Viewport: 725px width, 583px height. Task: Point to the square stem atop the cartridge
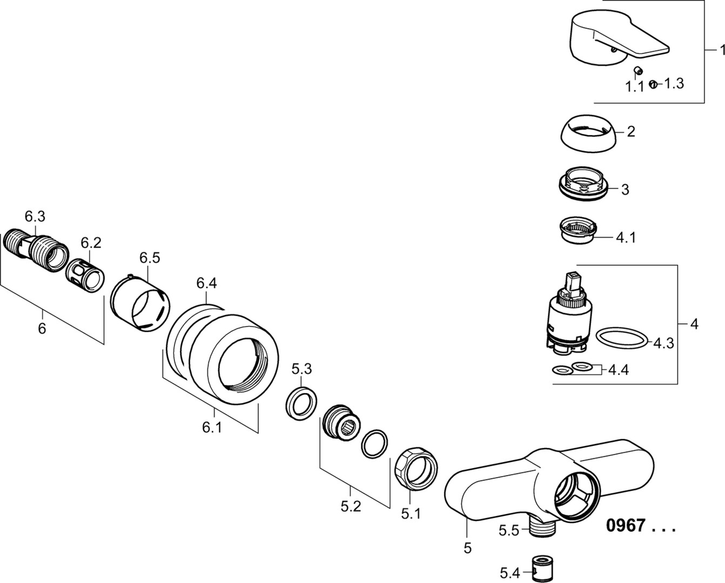[572, 281]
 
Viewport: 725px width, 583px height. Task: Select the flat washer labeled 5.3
[300, 402]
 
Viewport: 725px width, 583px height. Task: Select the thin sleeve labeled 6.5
[141, 305]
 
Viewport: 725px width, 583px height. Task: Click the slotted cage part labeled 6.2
[86, 277]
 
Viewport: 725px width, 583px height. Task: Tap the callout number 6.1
[212, 427]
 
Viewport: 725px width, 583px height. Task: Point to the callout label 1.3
[674, 83]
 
